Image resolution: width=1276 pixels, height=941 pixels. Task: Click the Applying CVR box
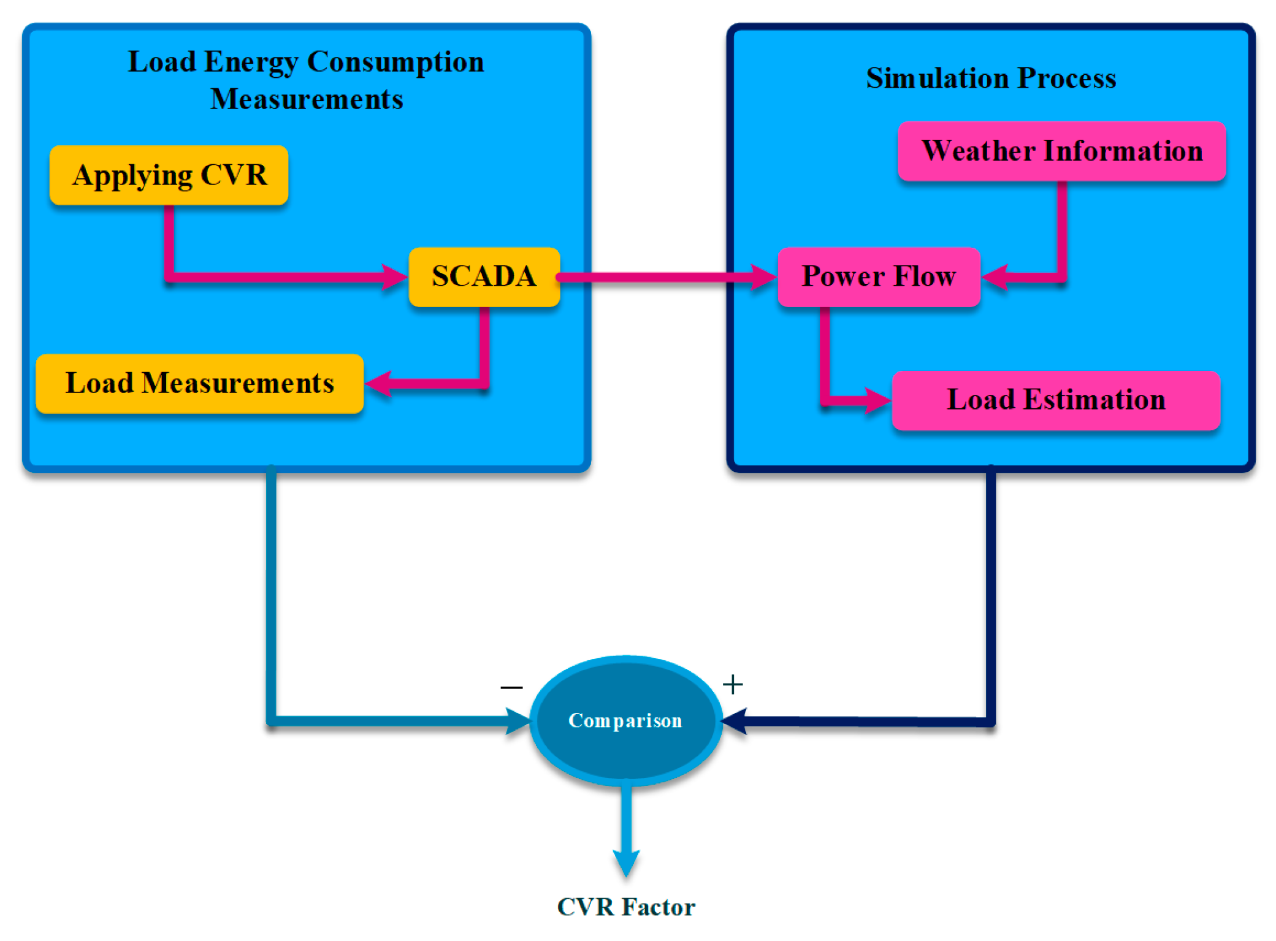click(169, 175)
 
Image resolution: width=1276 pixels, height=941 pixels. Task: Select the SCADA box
click(484, 276)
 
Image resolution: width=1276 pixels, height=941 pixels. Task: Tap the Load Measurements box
click(199, 383)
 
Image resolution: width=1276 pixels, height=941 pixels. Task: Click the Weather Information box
click(1061, 151)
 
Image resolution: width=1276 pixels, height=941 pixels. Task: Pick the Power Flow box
click(878, 276)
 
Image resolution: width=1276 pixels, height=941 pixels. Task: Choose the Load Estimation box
click(1055, 400)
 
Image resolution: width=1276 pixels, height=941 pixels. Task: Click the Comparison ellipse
click(625, 720)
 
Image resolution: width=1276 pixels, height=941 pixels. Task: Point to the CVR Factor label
click(625, 907)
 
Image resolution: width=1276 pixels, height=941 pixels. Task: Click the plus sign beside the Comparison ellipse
click(732, 684)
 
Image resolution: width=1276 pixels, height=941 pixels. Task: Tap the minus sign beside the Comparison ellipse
click(511, 687)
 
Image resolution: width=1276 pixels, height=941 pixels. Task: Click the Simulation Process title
click(991, 78)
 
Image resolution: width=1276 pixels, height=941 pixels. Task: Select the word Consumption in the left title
click(395, 62)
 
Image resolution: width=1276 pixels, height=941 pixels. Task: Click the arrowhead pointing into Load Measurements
click(378, 384)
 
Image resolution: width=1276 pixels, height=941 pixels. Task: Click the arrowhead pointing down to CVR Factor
click(626, 863)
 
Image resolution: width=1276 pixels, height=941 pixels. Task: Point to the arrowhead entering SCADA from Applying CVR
click(394, 277)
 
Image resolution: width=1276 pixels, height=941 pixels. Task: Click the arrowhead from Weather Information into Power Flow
click(995, 277)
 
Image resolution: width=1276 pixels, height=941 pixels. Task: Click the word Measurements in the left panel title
click(307, 99)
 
